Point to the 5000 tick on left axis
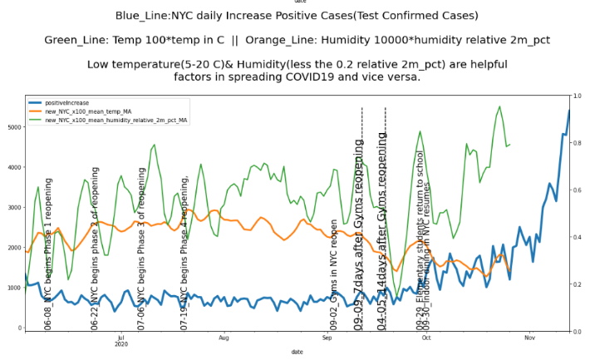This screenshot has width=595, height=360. (x=13, y=127)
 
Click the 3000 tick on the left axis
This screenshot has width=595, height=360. (x=13, y=208)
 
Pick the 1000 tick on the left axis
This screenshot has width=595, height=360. (x=13, y=288)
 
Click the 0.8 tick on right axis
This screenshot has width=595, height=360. (x=576, y=142)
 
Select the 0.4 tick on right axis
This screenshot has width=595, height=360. (x=576, y=237)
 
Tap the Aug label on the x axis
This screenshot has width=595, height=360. (x=223, y=338)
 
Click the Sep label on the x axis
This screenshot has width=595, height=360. (x=327, y=338)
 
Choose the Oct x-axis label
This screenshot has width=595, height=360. (x=425, y=338)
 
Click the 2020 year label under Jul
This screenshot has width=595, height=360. (x=120, y=344)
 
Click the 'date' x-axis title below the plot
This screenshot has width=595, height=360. (x=297, y=353)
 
